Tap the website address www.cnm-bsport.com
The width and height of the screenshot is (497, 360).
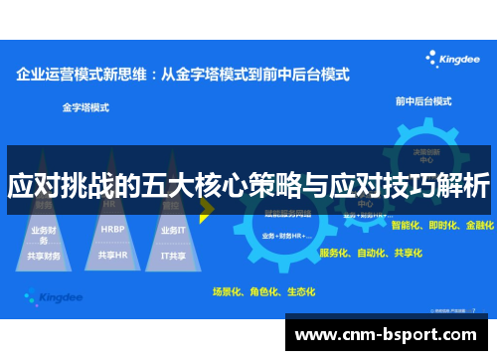pyautogui.click(x=391, y=334)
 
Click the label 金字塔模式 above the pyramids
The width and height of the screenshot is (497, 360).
pyautogui.click(x=84, y=104)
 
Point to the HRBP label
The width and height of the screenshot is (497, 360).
pyautogui.click(x=112, y=227)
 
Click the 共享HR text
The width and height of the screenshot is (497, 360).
pyautogui.click(x=112, y=255)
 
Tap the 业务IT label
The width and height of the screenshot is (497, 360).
pyautogui.click(x=173, y=228)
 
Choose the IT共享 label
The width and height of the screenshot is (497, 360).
pyautogui.click(x=173, y=255)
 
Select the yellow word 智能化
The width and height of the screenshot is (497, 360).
pyautogui.click(x=408, y=226)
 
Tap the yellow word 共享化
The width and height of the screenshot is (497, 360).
pyautogui.click(x=407, y=254)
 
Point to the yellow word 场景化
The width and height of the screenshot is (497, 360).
pyautogui.click(x=228, y=292)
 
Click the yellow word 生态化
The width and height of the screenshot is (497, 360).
pyautogui.click(x=299, y=292)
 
